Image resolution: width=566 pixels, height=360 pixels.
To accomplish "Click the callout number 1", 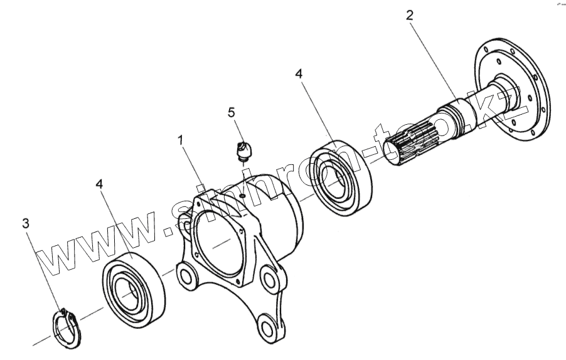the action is tap(181, 141).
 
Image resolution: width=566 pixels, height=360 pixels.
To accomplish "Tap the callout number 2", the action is tap(409, 16).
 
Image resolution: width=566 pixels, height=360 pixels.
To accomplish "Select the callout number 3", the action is tap(25, 223).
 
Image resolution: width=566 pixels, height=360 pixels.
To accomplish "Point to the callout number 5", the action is tap(232, 112).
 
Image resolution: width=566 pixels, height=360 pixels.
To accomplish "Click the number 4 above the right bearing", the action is tap(299, 74).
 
